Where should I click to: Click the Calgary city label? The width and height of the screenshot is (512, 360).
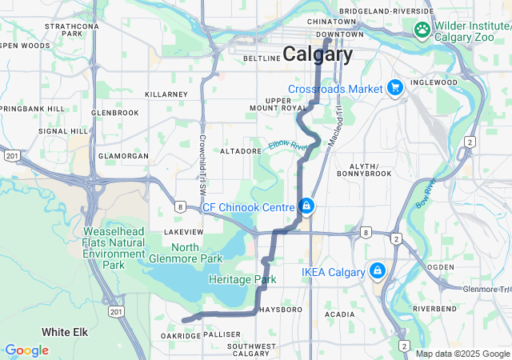(x=317, y=55)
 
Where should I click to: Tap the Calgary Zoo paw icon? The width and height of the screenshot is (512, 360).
(x=422, y=30)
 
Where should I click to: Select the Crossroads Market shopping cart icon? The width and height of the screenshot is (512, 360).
(x=394, y=87)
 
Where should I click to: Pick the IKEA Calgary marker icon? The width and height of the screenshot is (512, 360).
(x=377, y=272)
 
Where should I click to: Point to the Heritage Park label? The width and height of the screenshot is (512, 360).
(x=242, y=279)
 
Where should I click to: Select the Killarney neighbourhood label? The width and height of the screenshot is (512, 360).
(x=166, y=94)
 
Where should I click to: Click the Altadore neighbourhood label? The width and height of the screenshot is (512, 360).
(x=241, y=150)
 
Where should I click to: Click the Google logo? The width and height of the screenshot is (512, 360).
(x=26, y=350)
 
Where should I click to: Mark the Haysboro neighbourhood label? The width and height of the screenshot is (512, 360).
(x=280, y=309)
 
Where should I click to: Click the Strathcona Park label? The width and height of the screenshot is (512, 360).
(x=71, y=30)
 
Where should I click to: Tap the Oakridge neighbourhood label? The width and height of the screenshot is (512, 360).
(x=180, y=336)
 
